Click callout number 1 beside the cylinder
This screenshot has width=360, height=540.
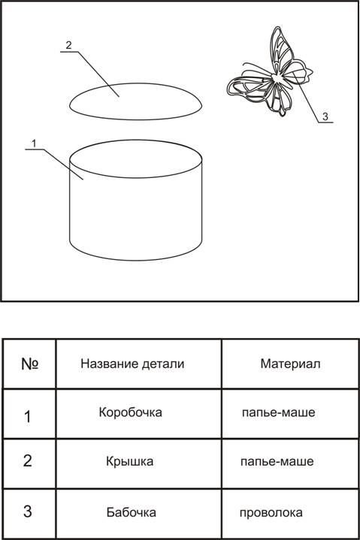(34, 143)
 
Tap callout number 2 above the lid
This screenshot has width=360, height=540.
(68, 45)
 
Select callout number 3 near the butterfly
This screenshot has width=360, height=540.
(325, 116)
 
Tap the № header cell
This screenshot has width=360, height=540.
(30, 364)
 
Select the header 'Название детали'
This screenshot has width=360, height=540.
(132, 364)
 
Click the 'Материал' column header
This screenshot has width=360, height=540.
(290, 364)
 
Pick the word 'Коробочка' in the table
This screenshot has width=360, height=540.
(131, 412)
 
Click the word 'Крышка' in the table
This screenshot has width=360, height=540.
(129, 461)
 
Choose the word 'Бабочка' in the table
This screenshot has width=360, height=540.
(132, 512)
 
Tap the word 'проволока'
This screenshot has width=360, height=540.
(271, 513)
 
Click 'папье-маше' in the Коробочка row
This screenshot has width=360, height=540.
(278, 412)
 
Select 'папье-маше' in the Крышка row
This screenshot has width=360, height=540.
(277, 461)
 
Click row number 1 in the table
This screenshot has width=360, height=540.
(28, 417)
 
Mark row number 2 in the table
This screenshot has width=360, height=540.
(28, 461)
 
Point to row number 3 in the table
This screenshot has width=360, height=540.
(28, 511)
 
